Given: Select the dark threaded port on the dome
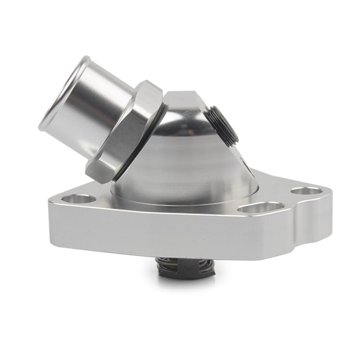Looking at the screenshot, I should [x=221, y=124].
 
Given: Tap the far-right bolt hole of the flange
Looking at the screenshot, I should [x=307, y=191].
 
